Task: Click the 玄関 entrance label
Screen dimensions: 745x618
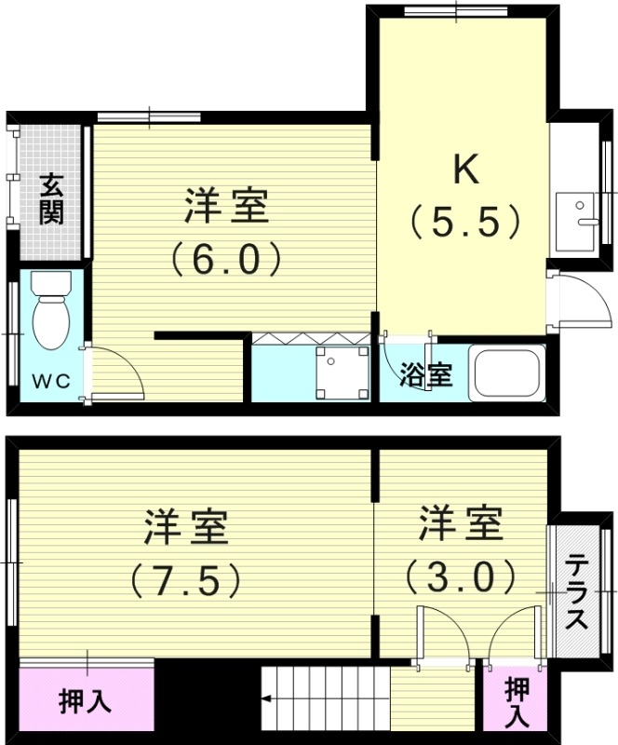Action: pos(51,199)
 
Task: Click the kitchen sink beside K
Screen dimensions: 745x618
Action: pos(578,222)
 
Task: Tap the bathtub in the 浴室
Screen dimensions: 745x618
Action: pos(507,372)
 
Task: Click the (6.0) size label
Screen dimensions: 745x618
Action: pos(226,258)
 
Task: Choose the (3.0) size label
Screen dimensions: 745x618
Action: pos(460,576)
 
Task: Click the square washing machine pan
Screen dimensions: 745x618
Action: pos(338,371)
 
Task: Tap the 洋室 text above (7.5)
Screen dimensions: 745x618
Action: pos(186,528)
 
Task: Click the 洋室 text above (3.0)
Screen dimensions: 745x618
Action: pos(460,524)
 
